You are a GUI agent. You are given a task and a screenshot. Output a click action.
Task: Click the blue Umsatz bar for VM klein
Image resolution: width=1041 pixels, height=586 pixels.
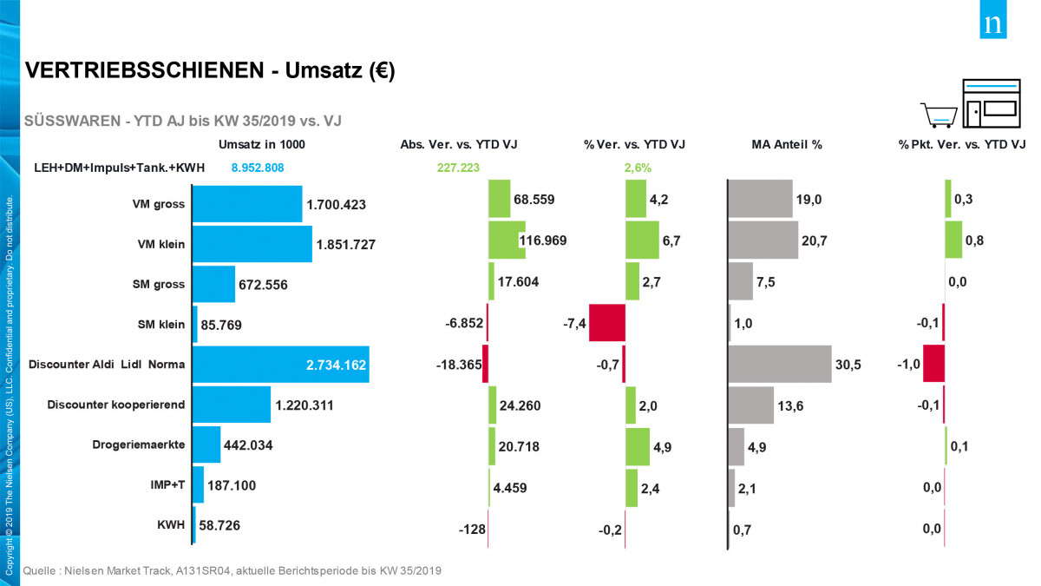click(x=252, y=244)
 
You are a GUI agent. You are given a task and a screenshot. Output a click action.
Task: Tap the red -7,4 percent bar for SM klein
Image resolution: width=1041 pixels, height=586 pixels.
click(x=606, y=324)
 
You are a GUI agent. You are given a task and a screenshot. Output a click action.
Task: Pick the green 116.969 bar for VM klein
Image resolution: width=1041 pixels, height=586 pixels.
click(x=507, y=240)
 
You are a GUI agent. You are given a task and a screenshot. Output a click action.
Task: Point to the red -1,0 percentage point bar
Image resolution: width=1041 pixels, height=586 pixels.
click(x=933, y=365)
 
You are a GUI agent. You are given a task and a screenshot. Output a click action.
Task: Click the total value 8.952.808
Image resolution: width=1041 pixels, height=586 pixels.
click(x=258, y=168)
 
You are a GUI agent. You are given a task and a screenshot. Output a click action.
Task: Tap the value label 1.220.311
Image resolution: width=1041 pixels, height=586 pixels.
click(x=304, y=405)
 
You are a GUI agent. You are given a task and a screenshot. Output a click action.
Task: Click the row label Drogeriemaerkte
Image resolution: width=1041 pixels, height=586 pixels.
click(x=139, y=445)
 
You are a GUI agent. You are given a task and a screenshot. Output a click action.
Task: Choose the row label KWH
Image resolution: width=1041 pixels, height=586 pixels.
click(x=171, y=526)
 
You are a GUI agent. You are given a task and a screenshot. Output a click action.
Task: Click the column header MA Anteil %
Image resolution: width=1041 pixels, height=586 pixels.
click(x=786, y=144)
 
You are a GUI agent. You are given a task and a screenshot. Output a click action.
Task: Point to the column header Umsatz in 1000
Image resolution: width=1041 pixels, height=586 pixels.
click(x=262, y=144)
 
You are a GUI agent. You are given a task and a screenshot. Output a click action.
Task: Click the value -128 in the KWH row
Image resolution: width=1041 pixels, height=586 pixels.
click(x=472, y=530)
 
